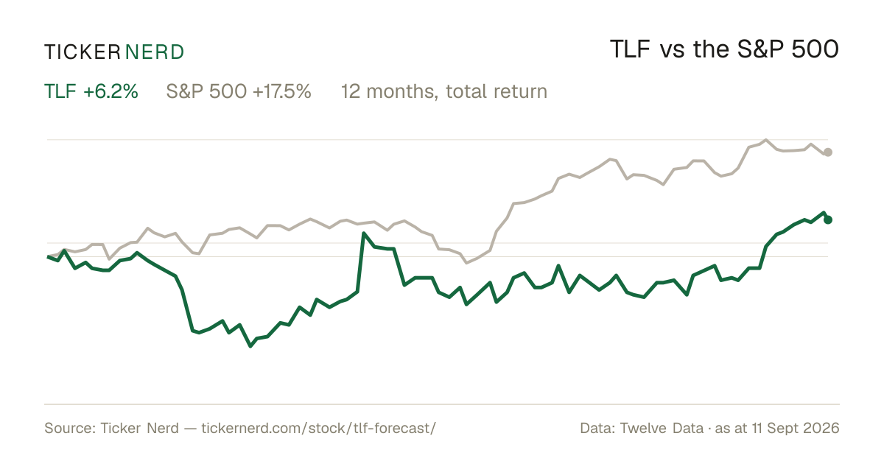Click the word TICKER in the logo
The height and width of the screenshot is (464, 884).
pos(82,52)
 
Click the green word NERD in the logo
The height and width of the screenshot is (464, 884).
pos(154,52)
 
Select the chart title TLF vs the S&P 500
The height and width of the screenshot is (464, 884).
pos(724,49)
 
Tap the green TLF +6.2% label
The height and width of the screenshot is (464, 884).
pos(91,91)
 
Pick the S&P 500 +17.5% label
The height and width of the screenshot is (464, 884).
pos(239,91)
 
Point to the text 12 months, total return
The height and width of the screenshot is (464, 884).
pos(444,91)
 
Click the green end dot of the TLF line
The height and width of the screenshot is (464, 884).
pos(828,219)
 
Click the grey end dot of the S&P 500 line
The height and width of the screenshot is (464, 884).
pos(828,152)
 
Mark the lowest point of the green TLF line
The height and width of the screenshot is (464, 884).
pos(250,346)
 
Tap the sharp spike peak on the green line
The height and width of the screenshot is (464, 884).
pos(363,233)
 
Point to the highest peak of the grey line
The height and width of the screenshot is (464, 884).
pos(766,140)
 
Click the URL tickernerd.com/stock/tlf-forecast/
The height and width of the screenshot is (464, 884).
pos(318,428)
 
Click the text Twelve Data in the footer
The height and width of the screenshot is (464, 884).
pos(662,428)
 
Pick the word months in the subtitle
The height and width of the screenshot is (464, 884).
pos(401,91)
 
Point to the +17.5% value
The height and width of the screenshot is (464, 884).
pos(281,91)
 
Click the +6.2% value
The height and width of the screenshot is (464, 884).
pos(110,91)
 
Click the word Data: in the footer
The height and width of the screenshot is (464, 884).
pos(597,428)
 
